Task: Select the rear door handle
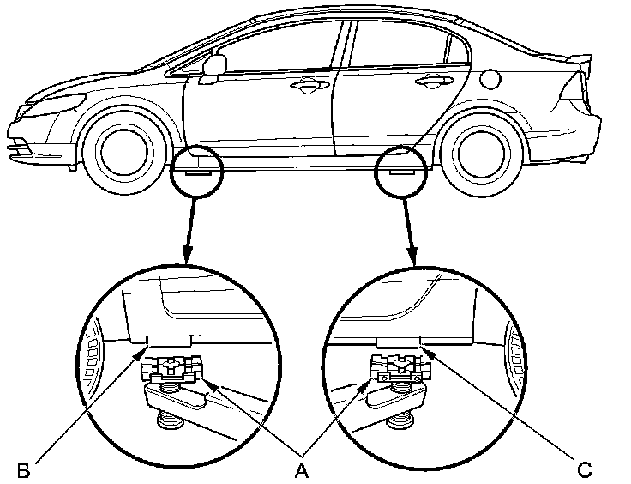click(x=428, y=82)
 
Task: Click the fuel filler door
click(x=490, y=78)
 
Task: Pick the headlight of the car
click(x=56, y=102)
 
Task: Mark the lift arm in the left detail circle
click(x=184, y=403)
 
